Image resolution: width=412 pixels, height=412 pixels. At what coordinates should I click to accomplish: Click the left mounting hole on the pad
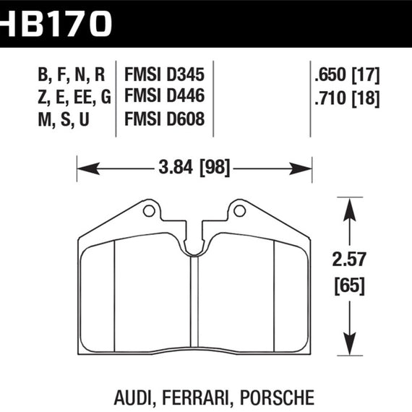149,211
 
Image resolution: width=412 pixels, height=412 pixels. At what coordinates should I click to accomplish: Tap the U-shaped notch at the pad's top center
194,246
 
